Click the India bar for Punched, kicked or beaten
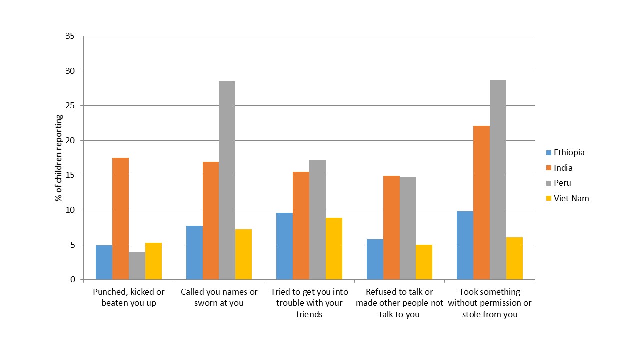[120, 218]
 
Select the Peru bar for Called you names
[227, 180]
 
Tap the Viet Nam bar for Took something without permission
[514, 258]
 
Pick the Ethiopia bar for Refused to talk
[375, 259]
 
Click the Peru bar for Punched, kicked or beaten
[137, 265]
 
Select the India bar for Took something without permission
[481, 202]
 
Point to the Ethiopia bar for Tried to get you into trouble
[285, 246]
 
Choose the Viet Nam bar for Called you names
[243, 254]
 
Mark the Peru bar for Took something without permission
[498, 180]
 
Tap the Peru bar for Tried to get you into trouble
[317, 220]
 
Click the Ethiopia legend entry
[565, 153]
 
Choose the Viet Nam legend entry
[567, 198]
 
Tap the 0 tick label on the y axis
[73, 280]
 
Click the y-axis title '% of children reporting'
[59, 158]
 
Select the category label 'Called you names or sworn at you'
[219, 297]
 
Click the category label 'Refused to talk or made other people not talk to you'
[399, 303]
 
